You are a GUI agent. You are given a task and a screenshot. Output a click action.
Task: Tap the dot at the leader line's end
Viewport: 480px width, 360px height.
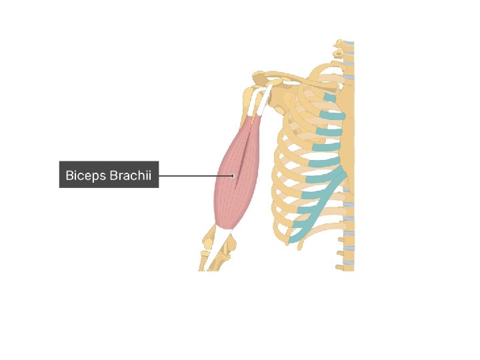pyautogui.click(x=233, y=176)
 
